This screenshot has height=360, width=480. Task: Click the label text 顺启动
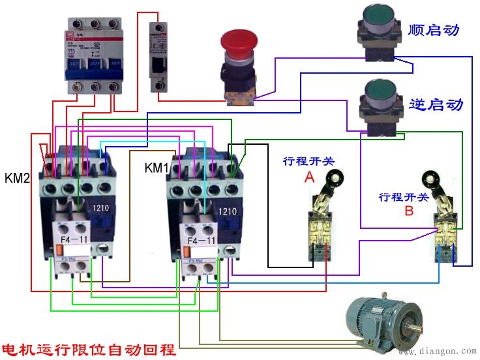434,30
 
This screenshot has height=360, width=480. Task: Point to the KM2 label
18,178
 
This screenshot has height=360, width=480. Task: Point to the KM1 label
157,168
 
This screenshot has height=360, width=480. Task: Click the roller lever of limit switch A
335,176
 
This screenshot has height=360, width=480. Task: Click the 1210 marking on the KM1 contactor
228,211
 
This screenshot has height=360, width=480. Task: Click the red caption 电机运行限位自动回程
89,349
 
